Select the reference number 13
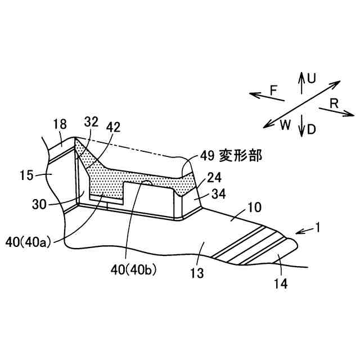coord(196,274)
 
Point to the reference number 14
coord(281,284)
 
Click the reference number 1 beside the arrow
coord(319,228)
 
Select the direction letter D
coord(311,129)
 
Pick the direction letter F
coord(273,89)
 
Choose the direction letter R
coord(334,103)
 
